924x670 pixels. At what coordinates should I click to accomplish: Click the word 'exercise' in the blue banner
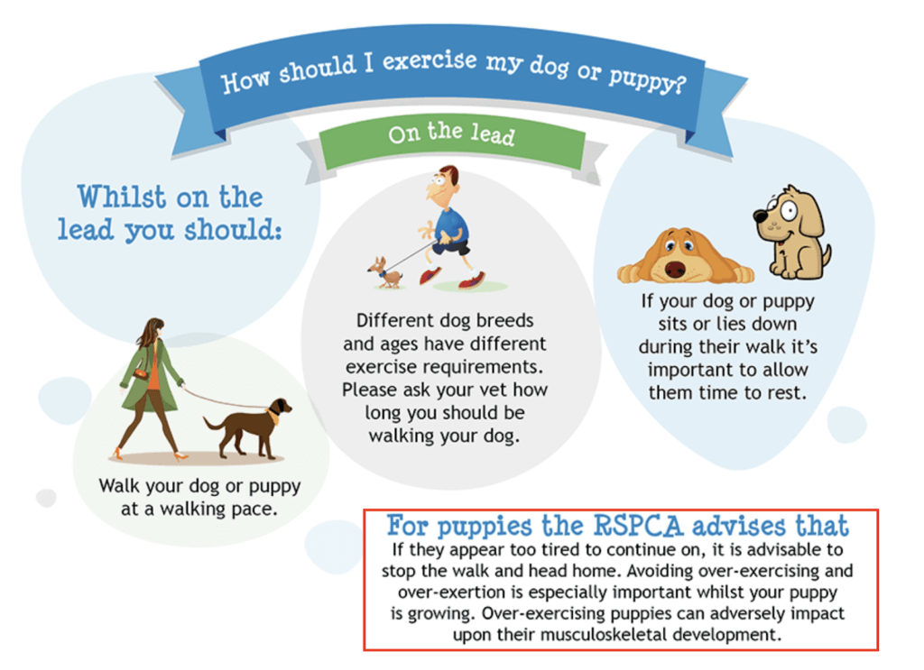coord(430,60)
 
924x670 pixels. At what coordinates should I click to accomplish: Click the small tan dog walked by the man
coord(384,272)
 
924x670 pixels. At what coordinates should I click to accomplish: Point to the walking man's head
coord(443,184)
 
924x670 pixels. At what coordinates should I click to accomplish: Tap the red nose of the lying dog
coord(675,270)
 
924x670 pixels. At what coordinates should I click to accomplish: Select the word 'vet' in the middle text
coord(494,390)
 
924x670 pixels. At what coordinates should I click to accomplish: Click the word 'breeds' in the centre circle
coord(504,320)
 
